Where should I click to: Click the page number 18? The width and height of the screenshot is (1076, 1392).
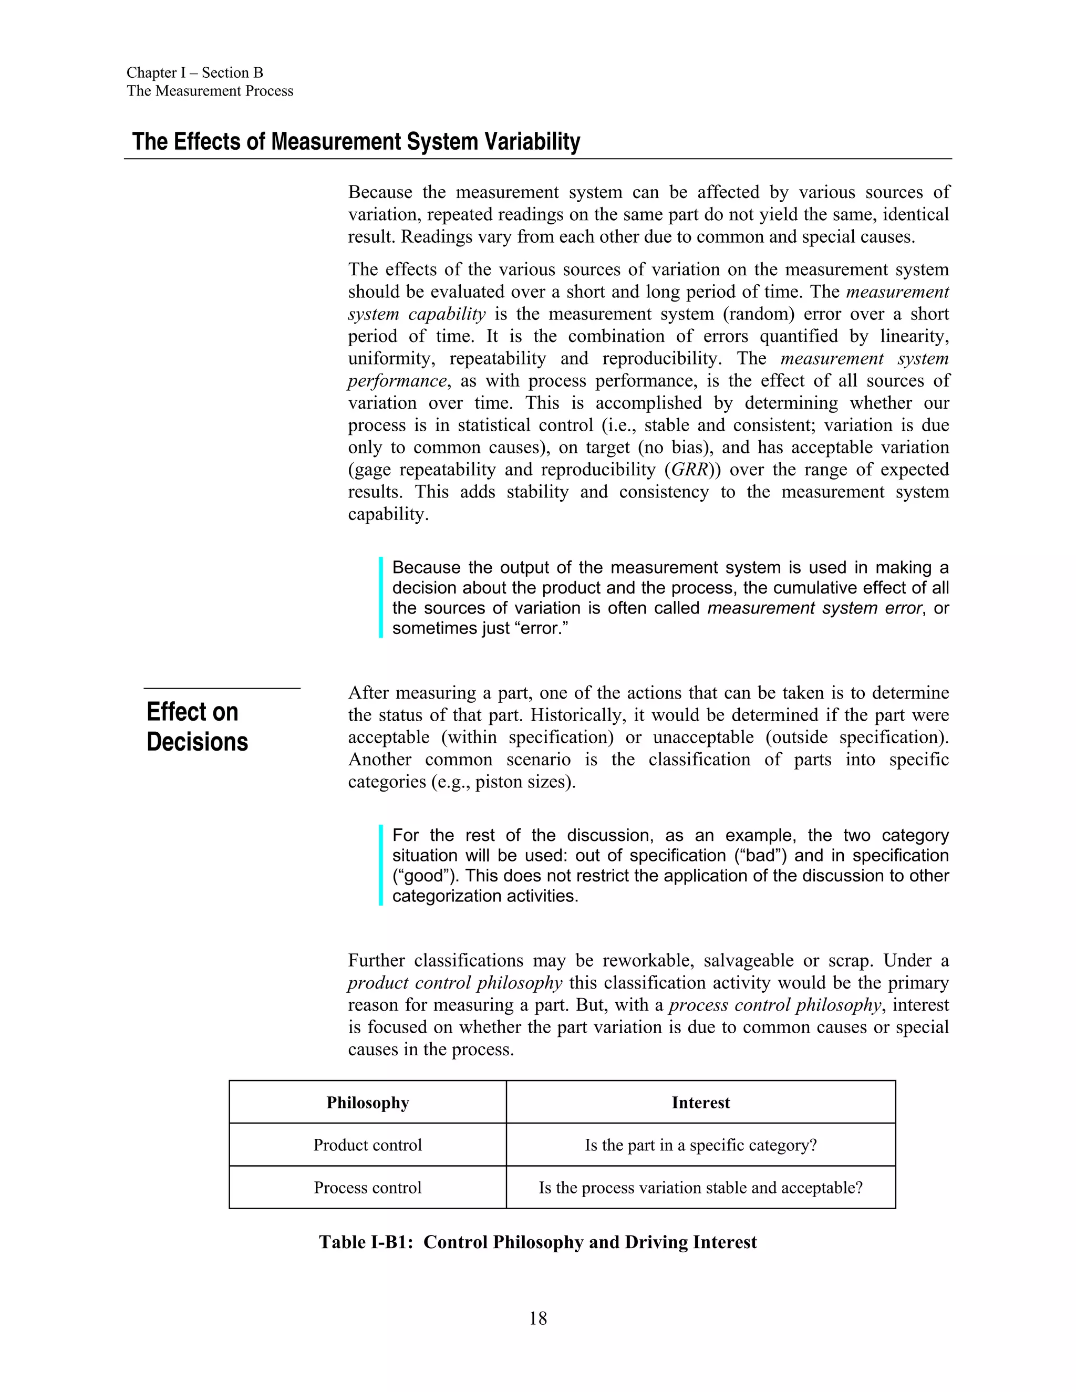(x=537, y=1318)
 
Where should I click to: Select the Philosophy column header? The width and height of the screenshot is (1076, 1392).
(x=367, y=1103)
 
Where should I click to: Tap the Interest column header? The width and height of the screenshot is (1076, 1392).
(x=700, y=1103)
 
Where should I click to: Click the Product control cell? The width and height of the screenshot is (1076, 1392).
(x=367, y=1145)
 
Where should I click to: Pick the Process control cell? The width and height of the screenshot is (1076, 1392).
(x=367, y=1188)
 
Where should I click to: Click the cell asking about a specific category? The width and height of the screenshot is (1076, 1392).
(x=700, y=1145)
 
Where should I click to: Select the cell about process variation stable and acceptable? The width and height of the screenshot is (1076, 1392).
(x=700, y=1188)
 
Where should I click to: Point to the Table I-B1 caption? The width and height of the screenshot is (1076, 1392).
(x=537, y=1242)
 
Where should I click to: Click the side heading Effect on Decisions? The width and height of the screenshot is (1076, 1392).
(x=197, y=726)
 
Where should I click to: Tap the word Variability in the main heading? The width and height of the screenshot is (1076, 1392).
(x=532, y=141)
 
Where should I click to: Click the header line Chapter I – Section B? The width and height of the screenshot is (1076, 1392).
(x=194, y=72)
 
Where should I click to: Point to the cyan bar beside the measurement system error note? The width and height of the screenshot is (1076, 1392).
(x=380, y=597)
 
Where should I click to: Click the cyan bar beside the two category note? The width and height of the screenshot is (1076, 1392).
(x=380, y=865)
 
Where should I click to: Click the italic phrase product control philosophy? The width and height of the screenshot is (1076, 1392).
(x=454, y=983)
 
